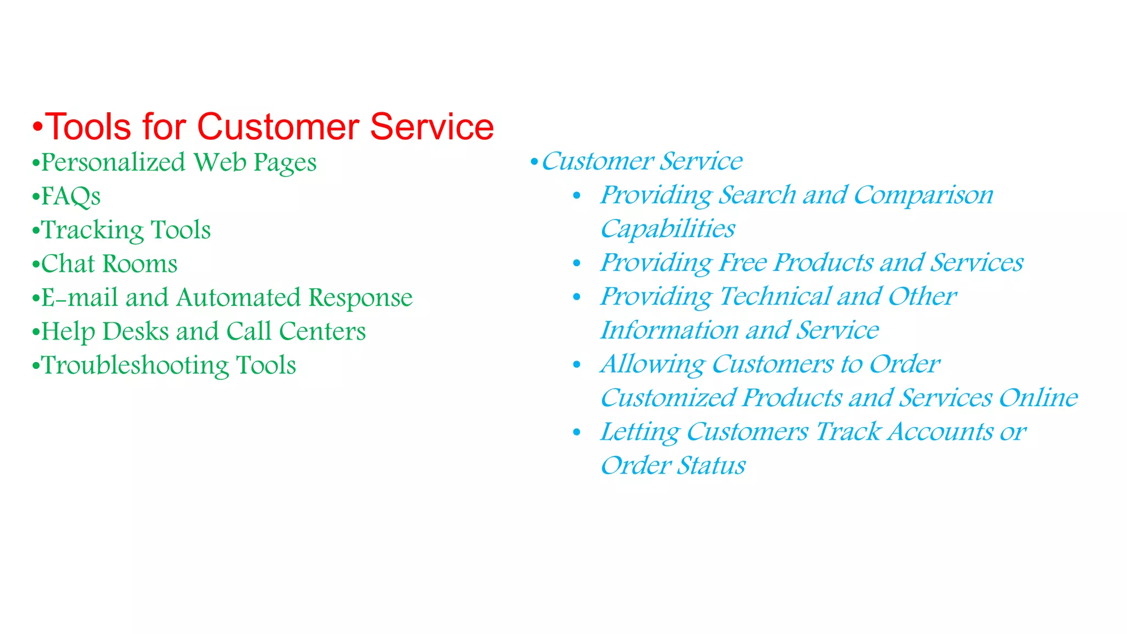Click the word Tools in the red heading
[x=88, y=127]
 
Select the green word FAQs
[x=71, y=196]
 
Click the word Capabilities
[x=668, y=229]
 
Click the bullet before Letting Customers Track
[x=577, y=433]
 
